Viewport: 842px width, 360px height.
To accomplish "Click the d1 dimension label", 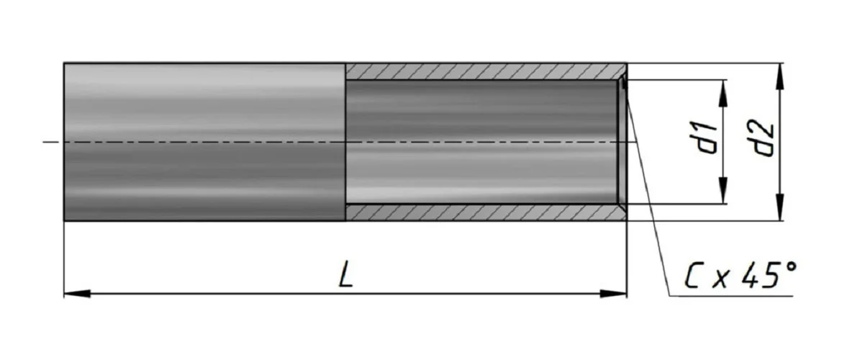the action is tap(707, 138).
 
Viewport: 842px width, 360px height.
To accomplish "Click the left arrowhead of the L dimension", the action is tap(77, 294).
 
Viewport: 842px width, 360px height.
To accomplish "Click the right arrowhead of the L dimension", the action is tap(614, 294).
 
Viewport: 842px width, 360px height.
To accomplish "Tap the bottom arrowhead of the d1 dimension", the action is tap(723, 191).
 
